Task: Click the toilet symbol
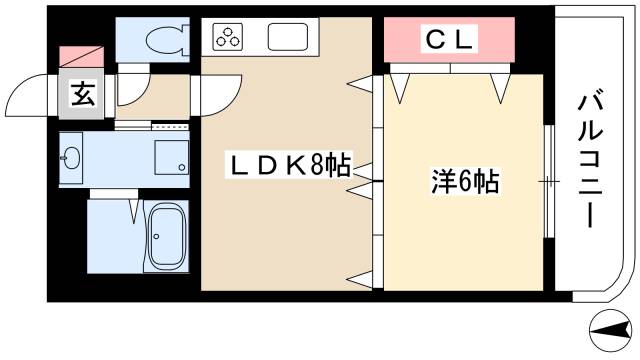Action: pos(164,41)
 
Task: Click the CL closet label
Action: pos(450,41)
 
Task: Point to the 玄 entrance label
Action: pos(81,97)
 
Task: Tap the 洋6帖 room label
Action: pos(465,183)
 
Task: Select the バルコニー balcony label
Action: pos(589,161)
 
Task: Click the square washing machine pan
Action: pos(172,155)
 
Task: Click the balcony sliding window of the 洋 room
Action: pos(550,181)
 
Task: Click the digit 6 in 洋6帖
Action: pos(471,183)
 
